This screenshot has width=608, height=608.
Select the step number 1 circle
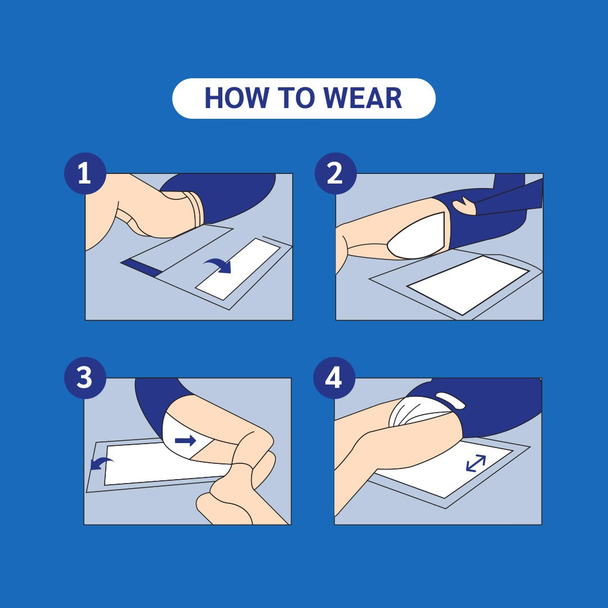[x=84, y=173]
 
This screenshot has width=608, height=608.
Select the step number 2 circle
[x=335, y=173]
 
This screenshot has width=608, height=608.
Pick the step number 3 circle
[x=84, y=378]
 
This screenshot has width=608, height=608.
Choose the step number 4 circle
[x=334, y=378]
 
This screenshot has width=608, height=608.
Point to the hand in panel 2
[x=464, y=206]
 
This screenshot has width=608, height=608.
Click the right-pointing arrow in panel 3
[x=185, y=440]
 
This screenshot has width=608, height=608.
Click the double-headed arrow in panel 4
[x=476, y=463]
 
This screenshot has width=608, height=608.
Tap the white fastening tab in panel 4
[x=450, y=400]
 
